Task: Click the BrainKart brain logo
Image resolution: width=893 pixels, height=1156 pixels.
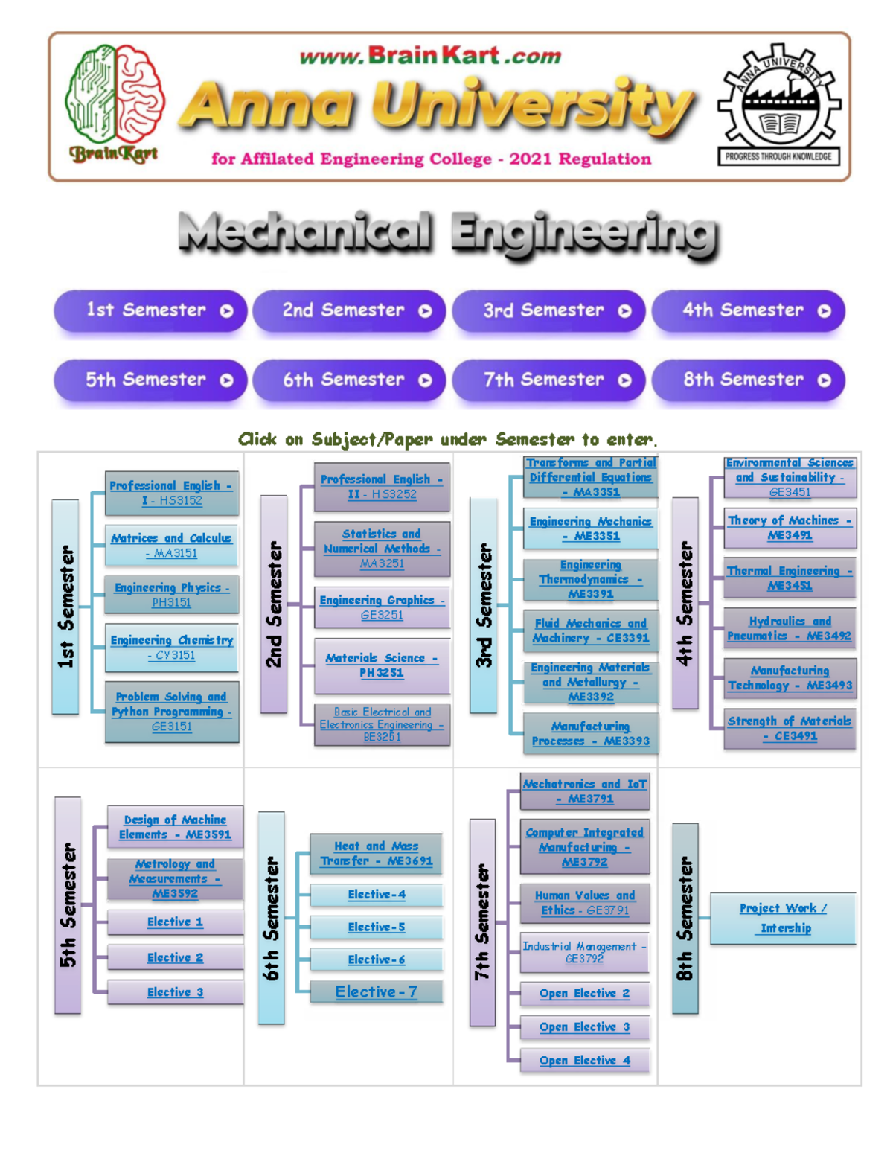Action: (115, 103)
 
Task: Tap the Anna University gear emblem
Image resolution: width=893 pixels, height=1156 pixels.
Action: (779, 104)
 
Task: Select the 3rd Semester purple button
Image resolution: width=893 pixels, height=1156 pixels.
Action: (548, 310)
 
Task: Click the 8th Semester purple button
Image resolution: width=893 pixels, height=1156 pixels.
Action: (749, 380)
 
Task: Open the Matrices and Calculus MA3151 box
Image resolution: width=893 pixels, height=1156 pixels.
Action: (171, 546)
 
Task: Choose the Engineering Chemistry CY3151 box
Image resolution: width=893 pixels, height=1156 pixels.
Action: (171, 648)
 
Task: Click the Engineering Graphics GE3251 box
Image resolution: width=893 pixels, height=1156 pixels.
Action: (382, 607)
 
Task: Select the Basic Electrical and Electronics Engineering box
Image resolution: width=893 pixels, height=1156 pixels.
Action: (382, 724)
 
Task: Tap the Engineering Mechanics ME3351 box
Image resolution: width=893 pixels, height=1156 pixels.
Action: (590, 528)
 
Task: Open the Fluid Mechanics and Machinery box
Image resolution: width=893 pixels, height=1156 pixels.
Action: (590, 631)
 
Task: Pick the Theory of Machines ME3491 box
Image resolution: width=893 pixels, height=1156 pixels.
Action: (790, 528)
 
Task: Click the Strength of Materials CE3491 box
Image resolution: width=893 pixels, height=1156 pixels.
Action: (790, 728)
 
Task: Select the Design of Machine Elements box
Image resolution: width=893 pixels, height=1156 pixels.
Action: (175, 827)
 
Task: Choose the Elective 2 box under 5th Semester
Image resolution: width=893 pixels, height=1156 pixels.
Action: (175, 957)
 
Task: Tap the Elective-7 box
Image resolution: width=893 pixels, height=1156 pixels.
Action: (376, 991)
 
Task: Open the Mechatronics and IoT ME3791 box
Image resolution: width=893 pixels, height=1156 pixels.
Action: (584, 791)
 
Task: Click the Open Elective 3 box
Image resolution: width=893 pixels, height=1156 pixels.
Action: (584, 1026)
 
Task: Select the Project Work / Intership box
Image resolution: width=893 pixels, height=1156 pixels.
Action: (783, 919)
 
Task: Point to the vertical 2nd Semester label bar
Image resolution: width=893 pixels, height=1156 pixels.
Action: (274, 604)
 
